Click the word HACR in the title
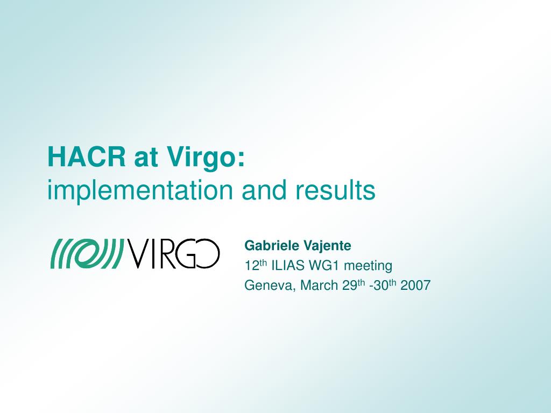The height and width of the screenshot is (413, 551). [87, 157]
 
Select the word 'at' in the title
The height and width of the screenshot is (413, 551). [145, 159]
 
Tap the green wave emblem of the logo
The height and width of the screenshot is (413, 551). [87, 254]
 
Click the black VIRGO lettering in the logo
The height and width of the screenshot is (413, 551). [173, 254]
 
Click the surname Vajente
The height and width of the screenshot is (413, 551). [324, 245]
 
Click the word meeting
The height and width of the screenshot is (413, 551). [368, 266]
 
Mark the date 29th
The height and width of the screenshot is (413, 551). [354, 285]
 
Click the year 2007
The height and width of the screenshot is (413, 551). [415, 285]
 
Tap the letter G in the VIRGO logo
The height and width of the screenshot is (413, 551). [186, 254]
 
